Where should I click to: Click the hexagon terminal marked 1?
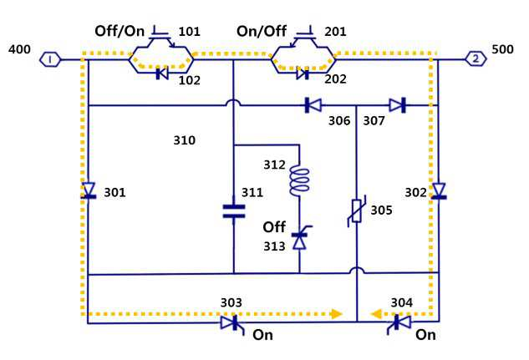50,59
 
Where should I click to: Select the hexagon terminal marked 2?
476,59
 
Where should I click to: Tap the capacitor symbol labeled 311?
234,211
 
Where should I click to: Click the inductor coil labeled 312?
299,181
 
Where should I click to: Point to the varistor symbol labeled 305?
357,211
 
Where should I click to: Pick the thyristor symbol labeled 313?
300,237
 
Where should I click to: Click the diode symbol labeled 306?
313,105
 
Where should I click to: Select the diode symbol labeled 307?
398,105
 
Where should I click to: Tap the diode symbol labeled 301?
89,190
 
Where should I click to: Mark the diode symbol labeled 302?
439,190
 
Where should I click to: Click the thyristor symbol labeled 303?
232,324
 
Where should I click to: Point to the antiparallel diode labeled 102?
162,74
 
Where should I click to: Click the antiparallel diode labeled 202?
303,74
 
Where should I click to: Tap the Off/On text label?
120,31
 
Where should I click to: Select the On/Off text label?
262,31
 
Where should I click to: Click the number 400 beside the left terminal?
19,49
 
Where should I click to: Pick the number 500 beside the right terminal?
502,49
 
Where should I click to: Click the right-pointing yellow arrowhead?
337,314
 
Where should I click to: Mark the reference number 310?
184,139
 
